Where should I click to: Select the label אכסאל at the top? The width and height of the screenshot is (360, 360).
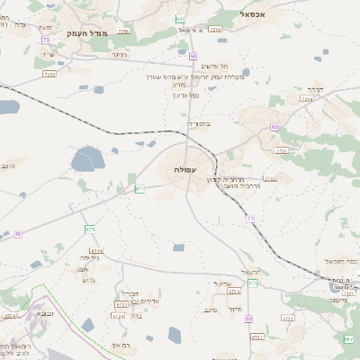[256, 14]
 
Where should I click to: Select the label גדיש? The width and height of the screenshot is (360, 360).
[87, 280]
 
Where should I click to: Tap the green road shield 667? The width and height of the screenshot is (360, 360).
[348, 339]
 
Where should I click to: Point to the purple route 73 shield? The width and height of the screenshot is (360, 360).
[45, 40]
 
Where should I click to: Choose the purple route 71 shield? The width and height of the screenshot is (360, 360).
[250, 219]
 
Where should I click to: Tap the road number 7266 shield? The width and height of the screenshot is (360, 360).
[122, 31]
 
